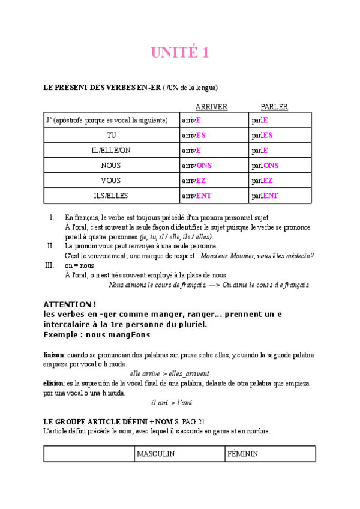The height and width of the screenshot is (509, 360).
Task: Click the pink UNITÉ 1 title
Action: (x=180, y=53)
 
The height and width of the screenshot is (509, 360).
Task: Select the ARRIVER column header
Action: (x=211, y=107)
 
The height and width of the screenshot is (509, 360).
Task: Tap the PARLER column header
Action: (x=274, y=107)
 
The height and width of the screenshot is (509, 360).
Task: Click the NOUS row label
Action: (x=111, y=166)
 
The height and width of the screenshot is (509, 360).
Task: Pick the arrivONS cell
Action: (x=197, y=166)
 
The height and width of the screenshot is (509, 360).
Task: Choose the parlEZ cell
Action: (x=263, y=181)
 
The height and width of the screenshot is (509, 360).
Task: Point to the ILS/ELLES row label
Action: (x=111, y=196)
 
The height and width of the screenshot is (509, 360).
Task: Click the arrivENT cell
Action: (x=197, y=196)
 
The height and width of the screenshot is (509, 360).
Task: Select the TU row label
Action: (x=111, y=136)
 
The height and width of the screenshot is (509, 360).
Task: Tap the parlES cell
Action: (x=263, y=136)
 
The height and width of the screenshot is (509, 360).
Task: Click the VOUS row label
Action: (x=111, y=181)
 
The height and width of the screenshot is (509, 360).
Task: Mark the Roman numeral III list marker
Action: (x=50, y=265)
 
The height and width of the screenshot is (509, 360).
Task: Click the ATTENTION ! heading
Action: (x=71, y=305)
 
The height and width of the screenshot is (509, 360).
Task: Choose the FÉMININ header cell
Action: (x=243, y=454)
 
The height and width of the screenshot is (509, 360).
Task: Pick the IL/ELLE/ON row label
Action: (x=111, y=151)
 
